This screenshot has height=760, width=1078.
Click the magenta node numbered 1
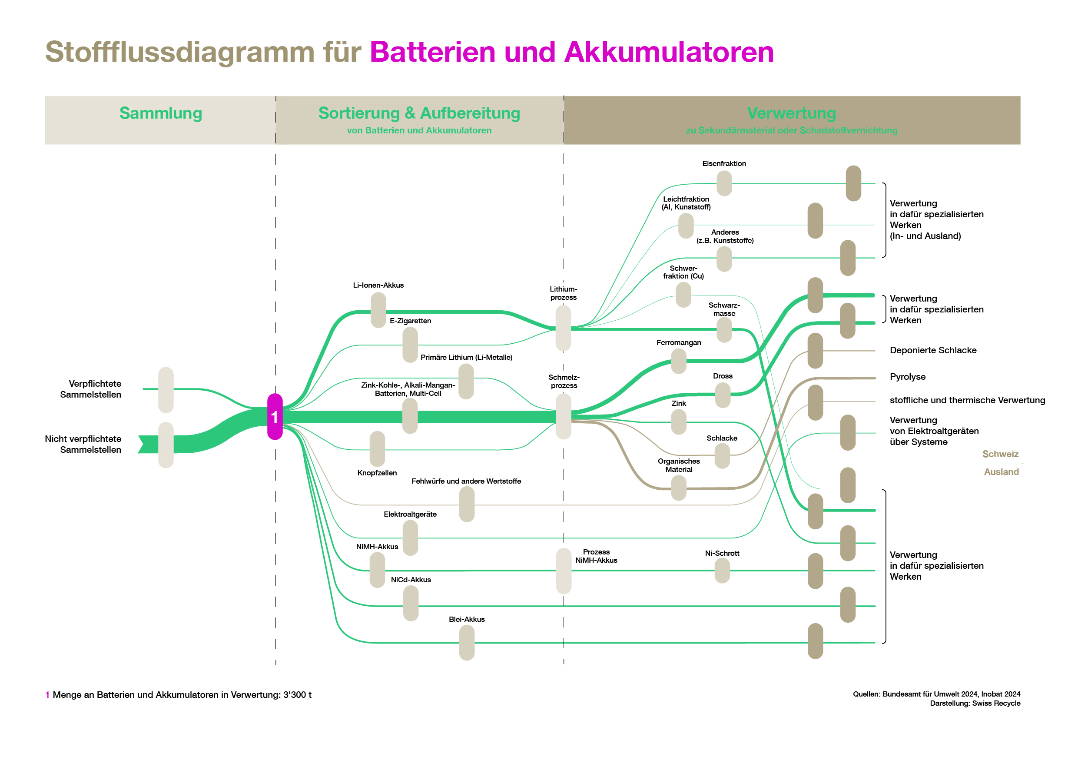275,416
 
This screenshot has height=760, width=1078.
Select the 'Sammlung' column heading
161,113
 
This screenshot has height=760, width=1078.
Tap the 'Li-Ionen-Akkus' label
378,285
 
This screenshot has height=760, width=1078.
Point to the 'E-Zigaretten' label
410,321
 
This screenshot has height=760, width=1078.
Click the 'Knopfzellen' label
377,473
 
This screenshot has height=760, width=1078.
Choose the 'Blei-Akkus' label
467,619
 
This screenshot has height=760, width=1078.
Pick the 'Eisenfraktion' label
724,163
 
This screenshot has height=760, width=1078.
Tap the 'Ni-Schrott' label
722,554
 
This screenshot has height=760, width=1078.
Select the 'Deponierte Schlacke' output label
933,350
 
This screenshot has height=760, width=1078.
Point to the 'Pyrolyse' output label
908,377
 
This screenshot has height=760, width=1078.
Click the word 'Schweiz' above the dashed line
1000,454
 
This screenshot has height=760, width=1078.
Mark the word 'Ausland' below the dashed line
1001,472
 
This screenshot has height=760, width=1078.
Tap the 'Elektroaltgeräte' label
410,514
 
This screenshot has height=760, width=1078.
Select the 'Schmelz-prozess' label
564,381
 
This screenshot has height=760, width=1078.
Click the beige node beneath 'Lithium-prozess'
563,328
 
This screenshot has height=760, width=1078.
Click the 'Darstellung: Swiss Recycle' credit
975,703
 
